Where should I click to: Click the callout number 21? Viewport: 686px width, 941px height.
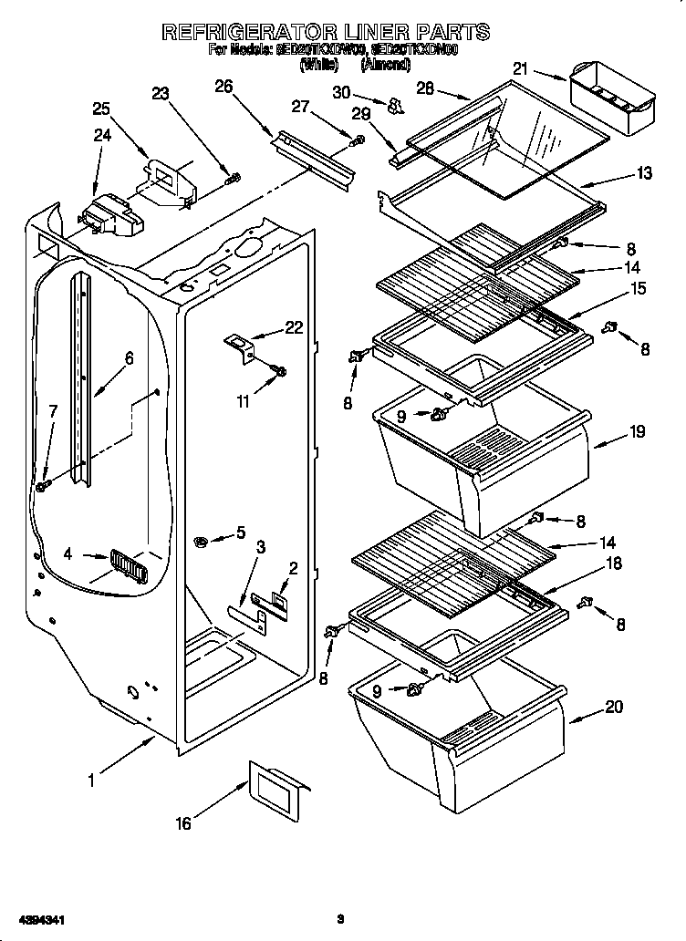coord(520,68)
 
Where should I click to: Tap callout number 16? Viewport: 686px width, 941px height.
coord(183,822)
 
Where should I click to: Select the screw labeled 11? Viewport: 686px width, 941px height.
coord(279,370)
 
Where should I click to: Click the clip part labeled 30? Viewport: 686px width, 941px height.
coord(395,108)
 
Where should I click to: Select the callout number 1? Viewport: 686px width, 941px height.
coord(91,780)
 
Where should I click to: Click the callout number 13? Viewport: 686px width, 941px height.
coord(644,173)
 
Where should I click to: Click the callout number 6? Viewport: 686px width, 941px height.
coord(129,358)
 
